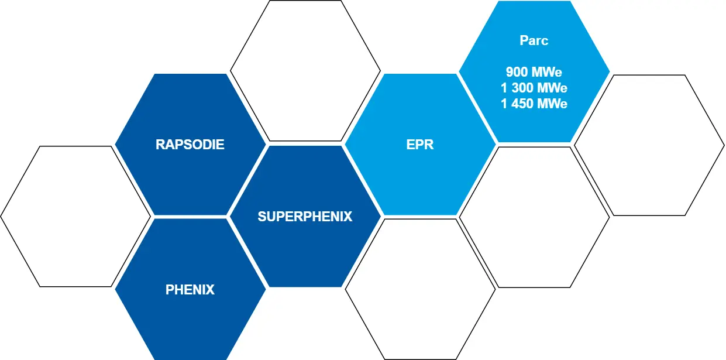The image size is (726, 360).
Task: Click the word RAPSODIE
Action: click(190, 145)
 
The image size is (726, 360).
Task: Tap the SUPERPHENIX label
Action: click(305, 217)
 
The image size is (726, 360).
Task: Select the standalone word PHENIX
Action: click(190, 290)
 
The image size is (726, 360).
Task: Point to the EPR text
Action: click(420, 145)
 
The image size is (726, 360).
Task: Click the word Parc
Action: click(534, 40)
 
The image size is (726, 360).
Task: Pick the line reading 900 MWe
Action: click(534, 72)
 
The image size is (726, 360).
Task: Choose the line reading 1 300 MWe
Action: click(534, 88)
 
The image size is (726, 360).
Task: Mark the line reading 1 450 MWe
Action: click(534, 104)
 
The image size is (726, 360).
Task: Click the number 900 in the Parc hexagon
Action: click(517, 72)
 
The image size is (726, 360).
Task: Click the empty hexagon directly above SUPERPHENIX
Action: click(305, 71)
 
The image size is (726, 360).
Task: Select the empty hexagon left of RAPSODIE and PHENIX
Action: click(75, 217)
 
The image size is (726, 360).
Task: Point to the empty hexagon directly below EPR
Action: click(421, 289)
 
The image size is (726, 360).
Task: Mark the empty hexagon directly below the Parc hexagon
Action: click(535, 217)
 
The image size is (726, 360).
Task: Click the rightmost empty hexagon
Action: click(649, 145)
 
